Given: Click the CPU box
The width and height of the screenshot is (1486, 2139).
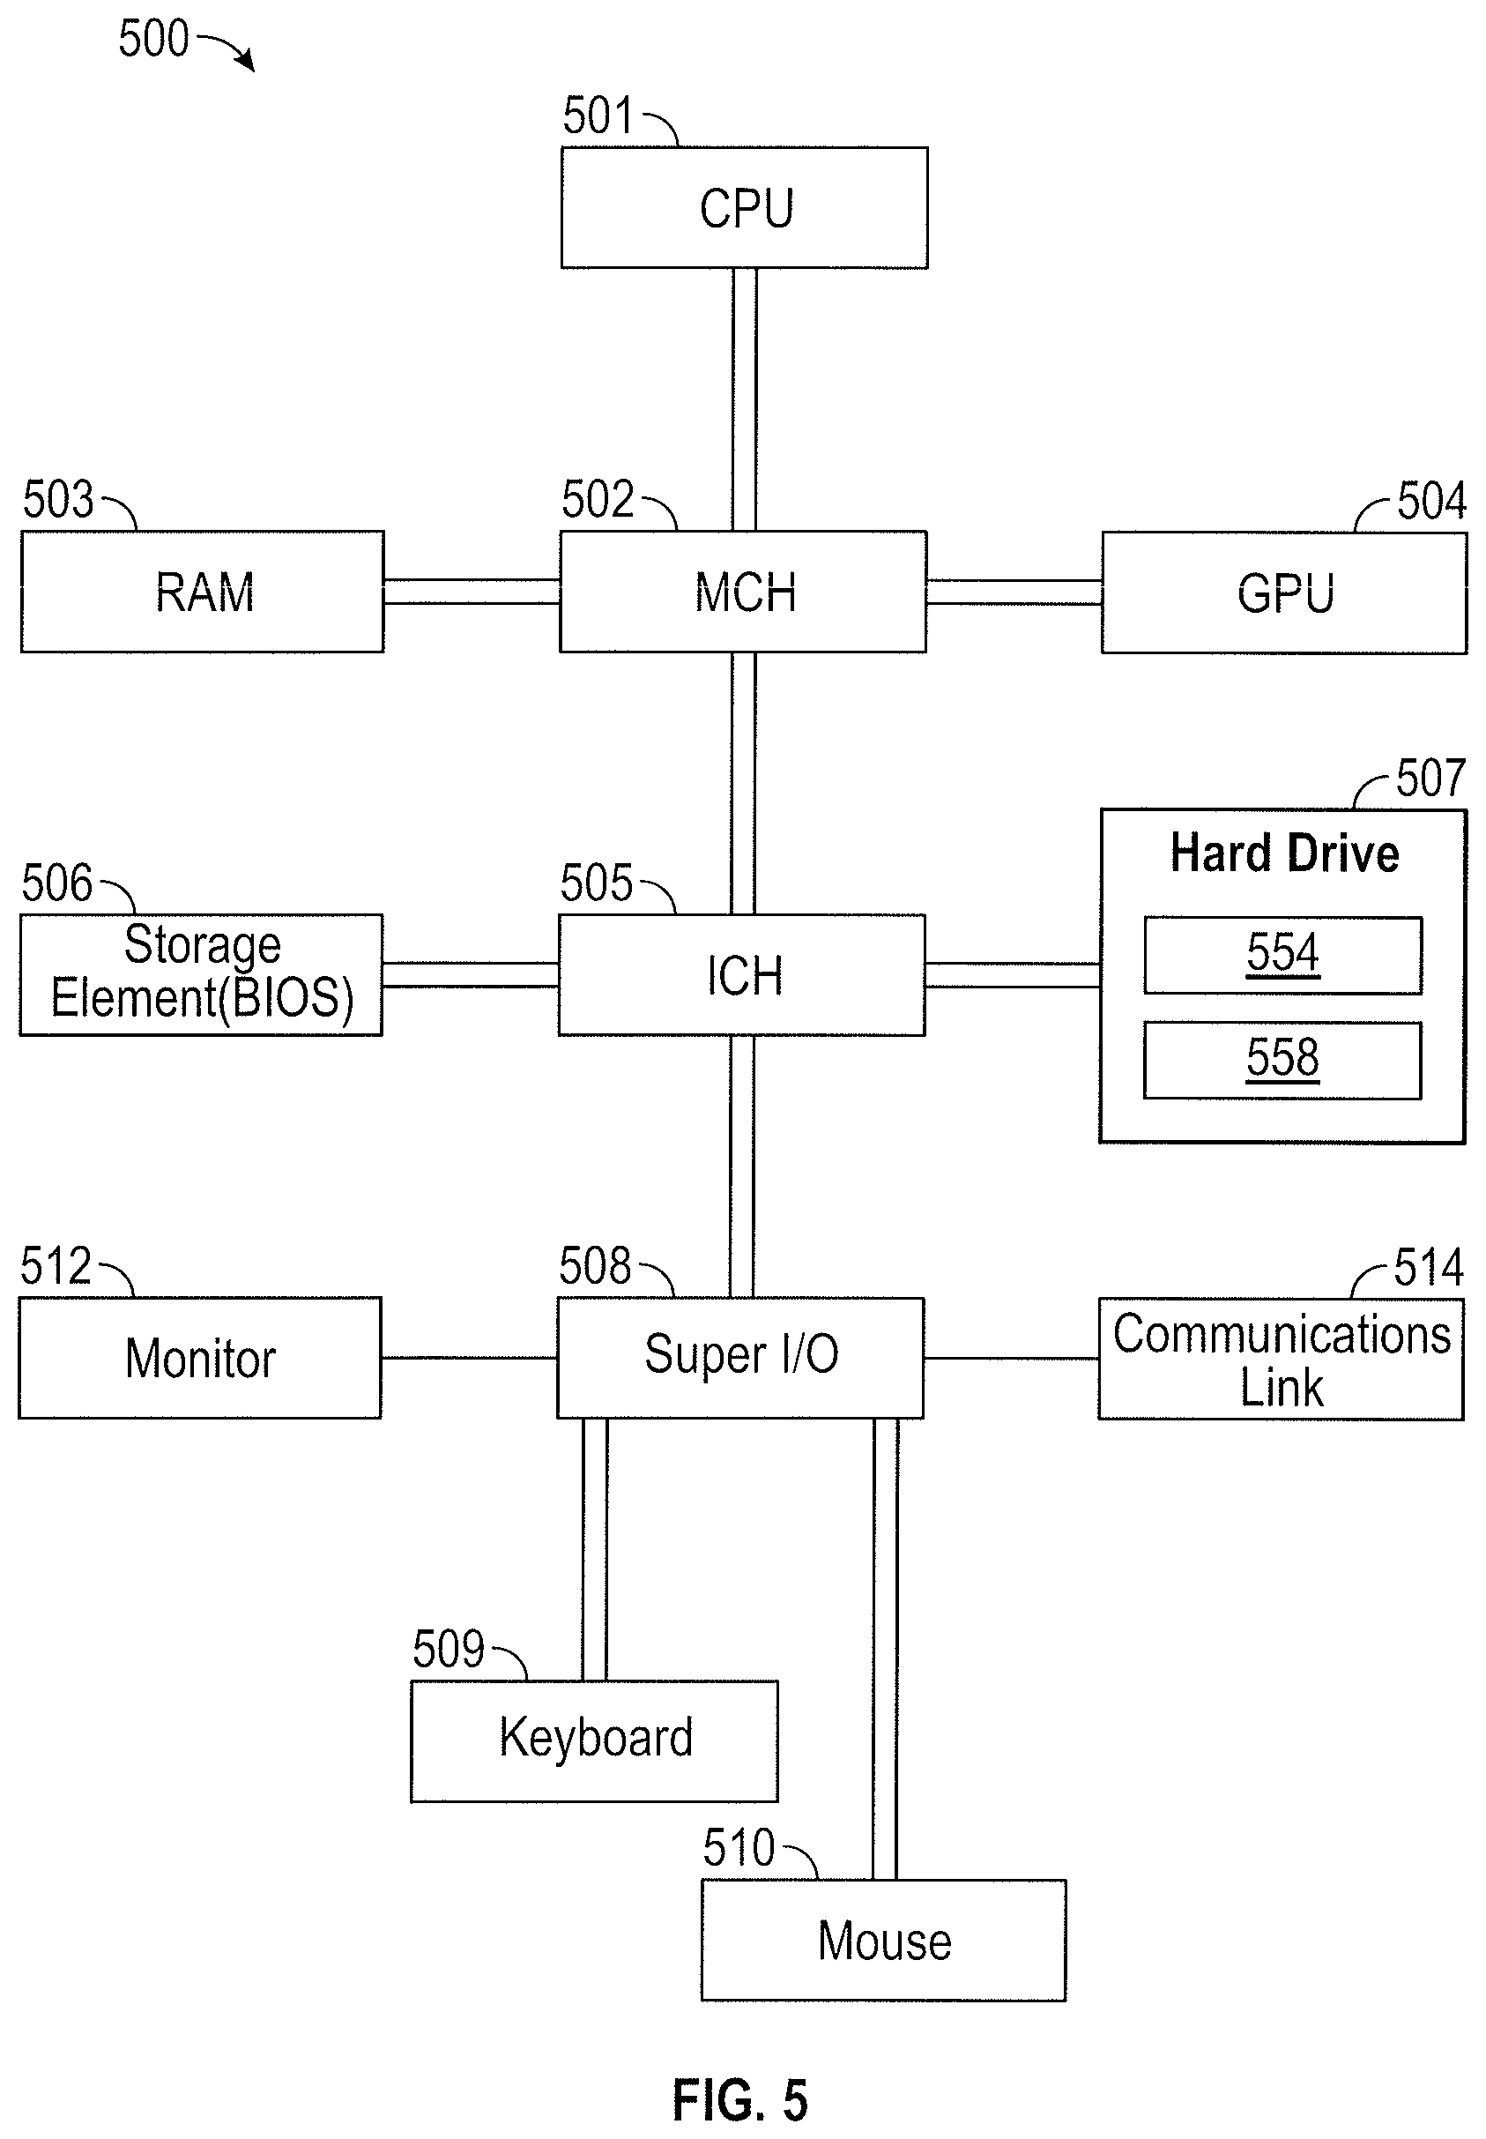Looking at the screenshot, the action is tap(744, 208).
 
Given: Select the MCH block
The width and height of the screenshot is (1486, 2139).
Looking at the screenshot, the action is tap(743, 592).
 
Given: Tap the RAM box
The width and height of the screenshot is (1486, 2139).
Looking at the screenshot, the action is tap(202, 592).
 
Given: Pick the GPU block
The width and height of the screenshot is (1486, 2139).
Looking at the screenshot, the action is tap(1284, 593).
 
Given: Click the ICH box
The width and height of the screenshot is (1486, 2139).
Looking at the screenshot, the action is tap(742, 975).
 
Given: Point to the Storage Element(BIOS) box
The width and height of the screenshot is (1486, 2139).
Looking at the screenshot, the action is tap(201, 975).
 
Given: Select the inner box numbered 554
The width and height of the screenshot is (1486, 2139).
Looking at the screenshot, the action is tap(1283, 956).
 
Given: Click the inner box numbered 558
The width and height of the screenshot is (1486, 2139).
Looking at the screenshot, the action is tap(1283, 1060).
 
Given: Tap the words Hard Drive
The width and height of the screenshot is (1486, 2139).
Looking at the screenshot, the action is tap(1285, 853).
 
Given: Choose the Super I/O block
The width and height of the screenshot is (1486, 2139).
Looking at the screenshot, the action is tap(741, 1358).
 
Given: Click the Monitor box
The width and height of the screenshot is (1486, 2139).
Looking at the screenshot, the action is tap(200, 1358).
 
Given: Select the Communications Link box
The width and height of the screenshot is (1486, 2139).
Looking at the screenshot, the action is tap(1282, 1359).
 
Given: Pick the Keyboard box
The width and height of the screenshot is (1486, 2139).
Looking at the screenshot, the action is tap(595, 1741).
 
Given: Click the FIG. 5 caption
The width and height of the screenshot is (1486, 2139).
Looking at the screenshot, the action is tap(740, 2101).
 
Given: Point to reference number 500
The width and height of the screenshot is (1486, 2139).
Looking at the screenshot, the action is tap(153, 39).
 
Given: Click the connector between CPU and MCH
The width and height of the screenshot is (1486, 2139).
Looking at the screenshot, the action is tap(744, 399).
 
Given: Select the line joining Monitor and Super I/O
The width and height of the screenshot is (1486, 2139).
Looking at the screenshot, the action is tap(469, 1358).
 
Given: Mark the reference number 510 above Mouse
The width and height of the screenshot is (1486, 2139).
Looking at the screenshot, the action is tap(739, 1847).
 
